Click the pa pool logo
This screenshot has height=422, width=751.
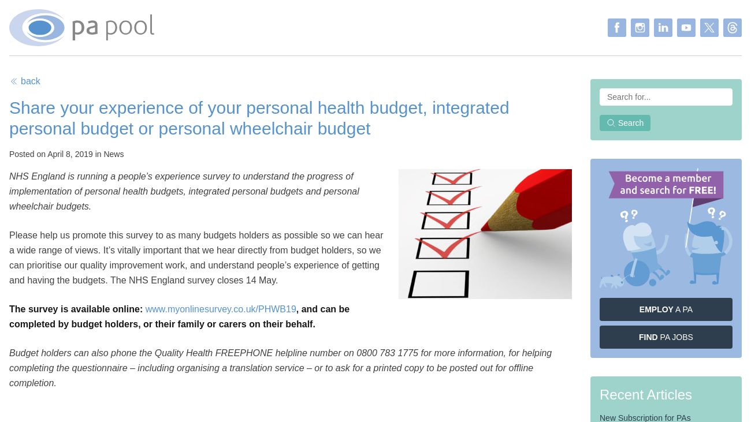point(81,28)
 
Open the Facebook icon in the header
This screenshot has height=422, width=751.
point(616,28)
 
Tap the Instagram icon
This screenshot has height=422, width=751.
point(640,28)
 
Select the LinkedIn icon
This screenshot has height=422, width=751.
point(663,28)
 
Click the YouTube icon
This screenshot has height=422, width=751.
point(686,28)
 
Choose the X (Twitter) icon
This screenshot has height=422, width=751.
point(709,28)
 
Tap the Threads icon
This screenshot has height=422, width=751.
point(732,28)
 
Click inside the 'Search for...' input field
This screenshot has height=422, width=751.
point(666,97)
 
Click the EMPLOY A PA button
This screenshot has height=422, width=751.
point(666,309)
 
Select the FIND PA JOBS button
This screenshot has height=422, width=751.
point(666,337)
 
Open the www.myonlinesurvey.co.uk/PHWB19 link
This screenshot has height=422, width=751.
point(220,309)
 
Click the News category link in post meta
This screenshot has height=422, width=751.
point(113,154)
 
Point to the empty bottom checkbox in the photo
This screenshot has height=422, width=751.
point(438,284)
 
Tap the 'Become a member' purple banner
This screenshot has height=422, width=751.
point(666,185)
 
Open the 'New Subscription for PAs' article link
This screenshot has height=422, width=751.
point(645,417)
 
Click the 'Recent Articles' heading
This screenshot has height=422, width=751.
point(645,395)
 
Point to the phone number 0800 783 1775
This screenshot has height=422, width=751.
point(387,353)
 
